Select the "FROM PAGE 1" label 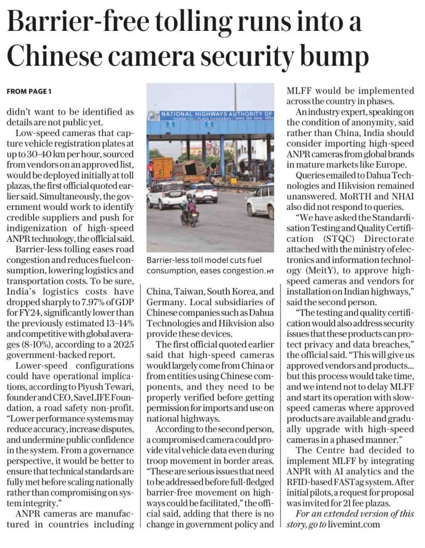click(x=29, y=91)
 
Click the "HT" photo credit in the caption click(x=270, y=272)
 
